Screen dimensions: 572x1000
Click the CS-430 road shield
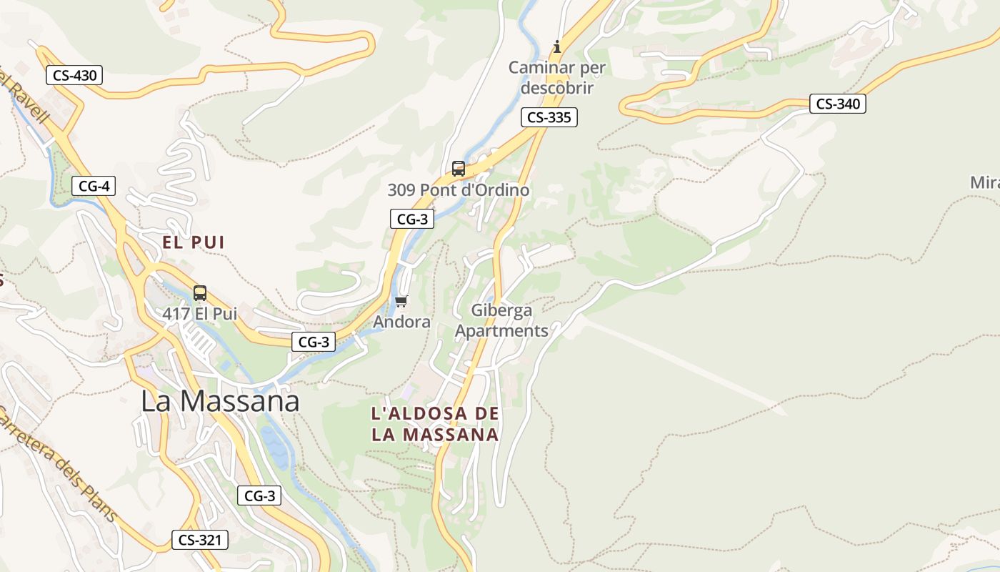pos(74,75)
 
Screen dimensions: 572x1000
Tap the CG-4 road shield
pos(94,187)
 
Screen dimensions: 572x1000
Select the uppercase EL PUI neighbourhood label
pos(193,242)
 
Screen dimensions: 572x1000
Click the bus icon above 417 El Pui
pos(200,292)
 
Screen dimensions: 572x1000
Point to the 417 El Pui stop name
pos(199,313)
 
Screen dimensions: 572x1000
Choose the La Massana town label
pos(220,401)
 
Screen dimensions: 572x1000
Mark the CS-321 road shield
pos(200,540)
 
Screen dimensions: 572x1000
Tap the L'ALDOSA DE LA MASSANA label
pos(435,424)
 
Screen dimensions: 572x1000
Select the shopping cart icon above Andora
pos(401,301)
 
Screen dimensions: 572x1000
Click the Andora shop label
pos(402,322)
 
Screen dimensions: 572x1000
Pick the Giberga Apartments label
pos(501,320)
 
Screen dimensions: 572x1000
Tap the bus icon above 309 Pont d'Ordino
pos(459,169)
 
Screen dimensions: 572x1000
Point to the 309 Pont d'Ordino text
pos(459,190)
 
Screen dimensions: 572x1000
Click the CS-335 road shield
pos(549,117)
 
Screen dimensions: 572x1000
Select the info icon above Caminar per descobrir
pos(557,47)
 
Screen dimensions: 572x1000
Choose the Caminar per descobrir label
pos(557,78)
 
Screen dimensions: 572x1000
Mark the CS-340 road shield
pos(838,104)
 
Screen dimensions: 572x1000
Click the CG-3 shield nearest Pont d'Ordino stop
pos(412,219)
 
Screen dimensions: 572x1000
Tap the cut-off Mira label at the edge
pos(984,182)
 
